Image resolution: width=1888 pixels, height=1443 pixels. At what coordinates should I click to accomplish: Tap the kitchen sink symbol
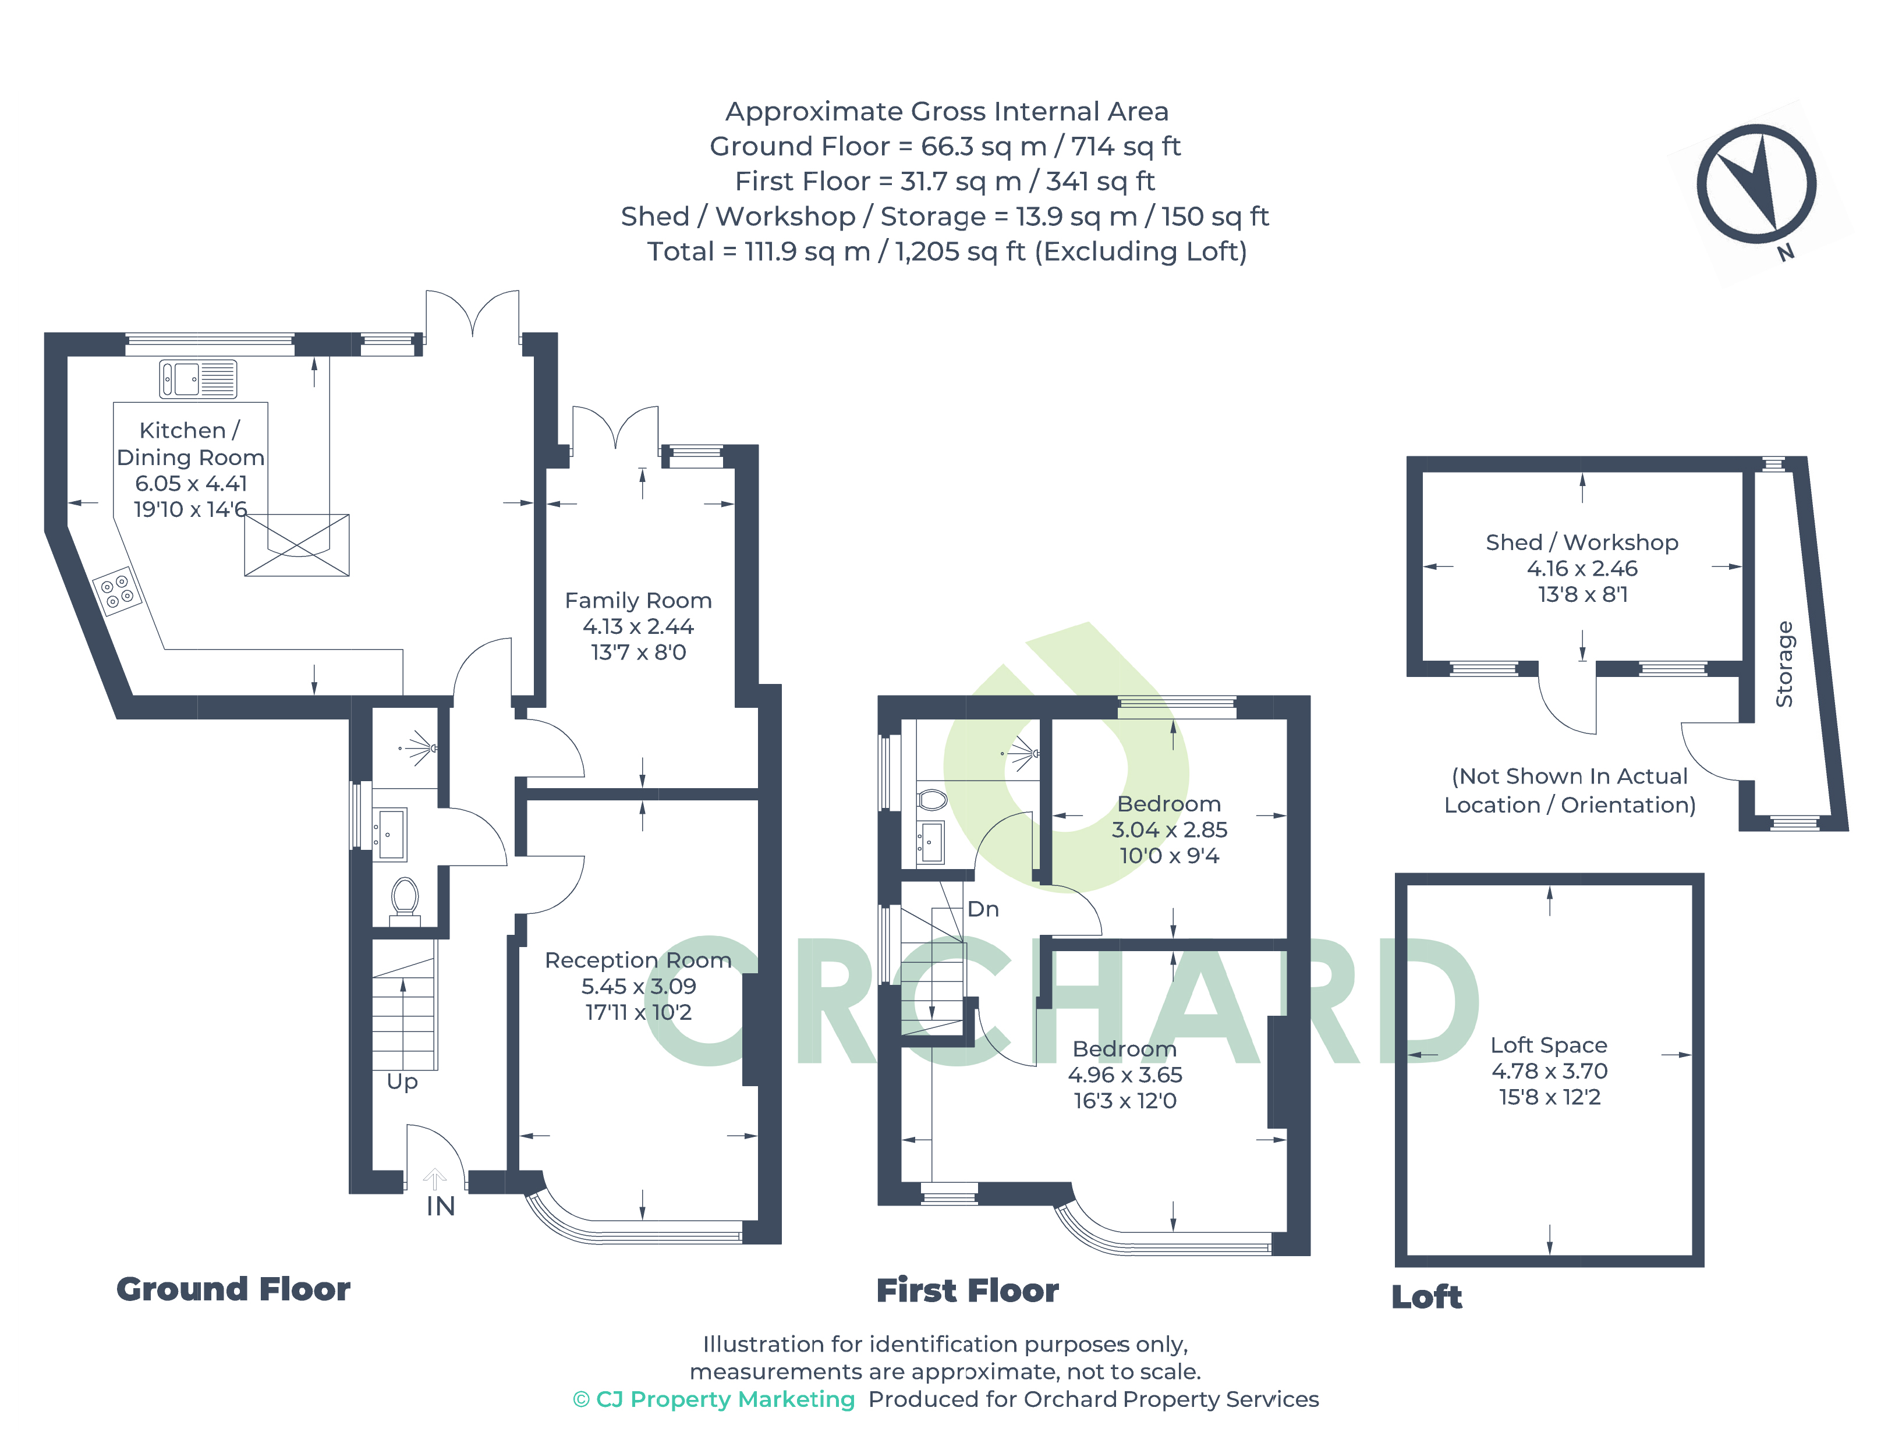[x=197, y=379]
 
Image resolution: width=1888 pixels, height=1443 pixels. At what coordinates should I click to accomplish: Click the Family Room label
[x=638, y=600]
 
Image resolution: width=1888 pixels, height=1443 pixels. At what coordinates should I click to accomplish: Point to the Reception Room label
[x=638, y=960]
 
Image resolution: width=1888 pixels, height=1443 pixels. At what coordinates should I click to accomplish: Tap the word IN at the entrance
[x=441, y=1206]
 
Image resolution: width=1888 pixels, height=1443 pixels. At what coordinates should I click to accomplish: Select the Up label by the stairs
[x=402, y=1082]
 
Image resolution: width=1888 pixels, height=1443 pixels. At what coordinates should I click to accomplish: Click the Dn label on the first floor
[x=983, y=909]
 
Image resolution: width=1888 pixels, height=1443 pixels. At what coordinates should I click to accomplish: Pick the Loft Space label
[x=1549, y=1045]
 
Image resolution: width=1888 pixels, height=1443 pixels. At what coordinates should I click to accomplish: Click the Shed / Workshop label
[x=1582, y=543]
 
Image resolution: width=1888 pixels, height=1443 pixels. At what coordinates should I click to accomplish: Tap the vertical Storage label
[x=1784, y=664]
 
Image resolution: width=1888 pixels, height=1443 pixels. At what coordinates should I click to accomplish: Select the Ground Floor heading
[x=233, y=1289]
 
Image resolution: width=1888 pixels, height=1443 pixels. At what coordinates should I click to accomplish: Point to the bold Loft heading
[x=1426, y=1297]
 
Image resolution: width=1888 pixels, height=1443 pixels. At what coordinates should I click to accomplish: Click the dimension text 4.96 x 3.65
[x=1125, y=1075]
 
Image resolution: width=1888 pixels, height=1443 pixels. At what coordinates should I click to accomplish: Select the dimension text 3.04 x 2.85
[x=1169, y=829]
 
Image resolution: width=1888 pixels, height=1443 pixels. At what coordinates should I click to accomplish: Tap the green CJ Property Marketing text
[x=714, y=1399]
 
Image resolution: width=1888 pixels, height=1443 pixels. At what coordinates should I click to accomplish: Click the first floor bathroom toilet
[x=931, y=800]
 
